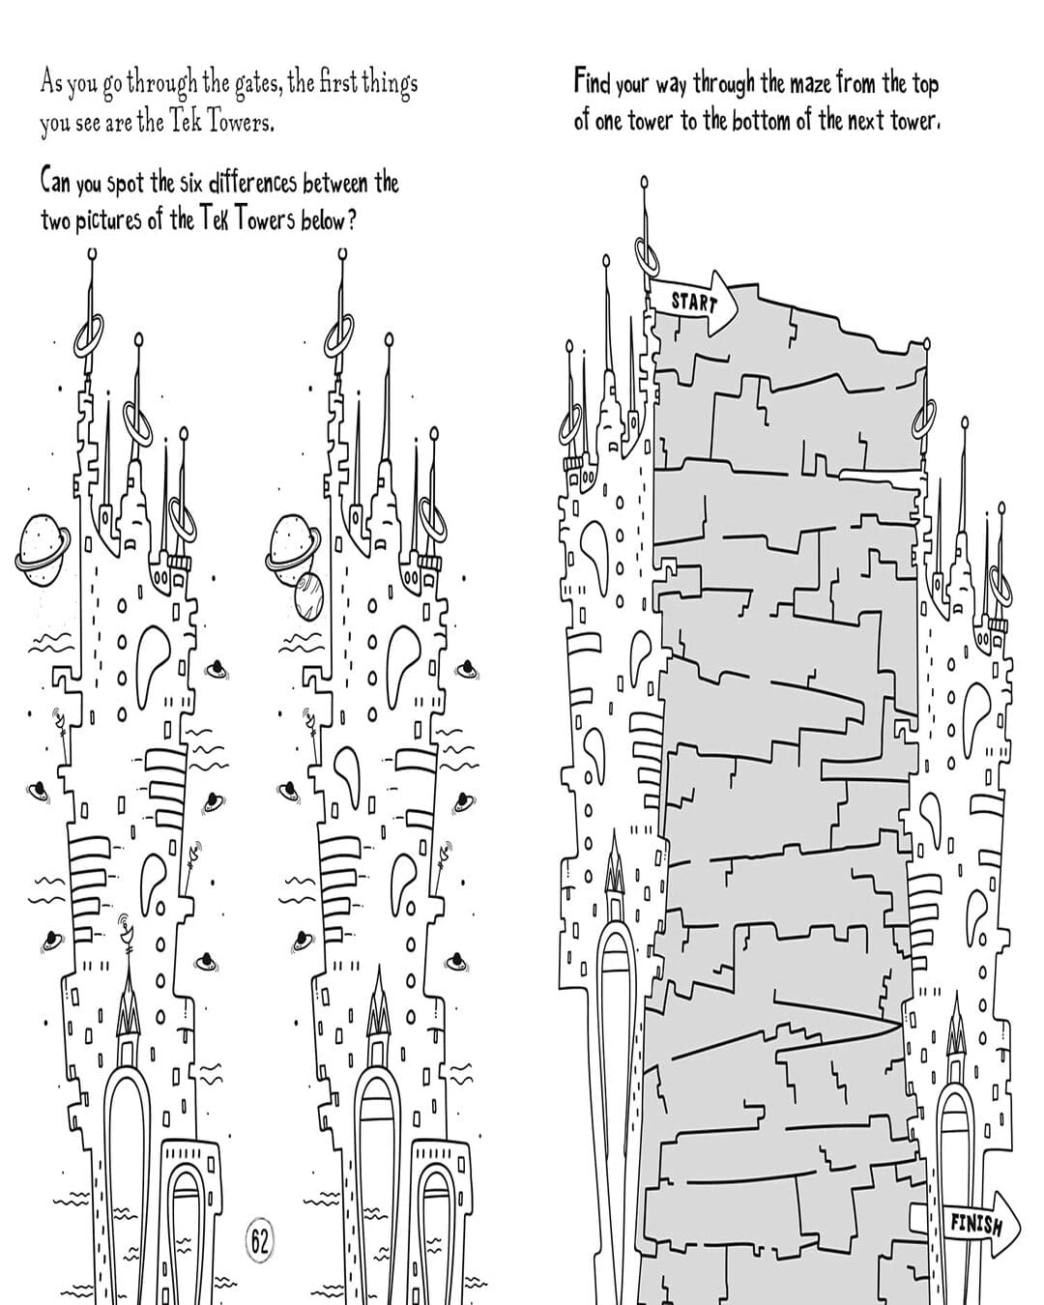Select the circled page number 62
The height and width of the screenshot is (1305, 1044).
pyautogui.click(x=260, y=1241)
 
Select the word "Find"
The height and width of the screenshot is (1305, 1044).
pyautogui.click(x=592, y=82)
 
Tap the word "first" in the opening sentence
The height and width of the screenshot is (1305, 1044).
pyautogui.click(x=333, y=82)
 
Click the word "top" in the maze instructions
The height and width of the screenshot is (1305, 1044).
pyautogui.click(x=924, y=85)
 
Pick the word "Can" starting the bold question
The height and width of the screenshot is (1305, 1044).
pyautogui.click(x=55, y=182)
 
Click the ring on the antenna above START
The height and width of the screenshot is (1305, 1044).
pyautogui.click(x=648, y=254)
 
